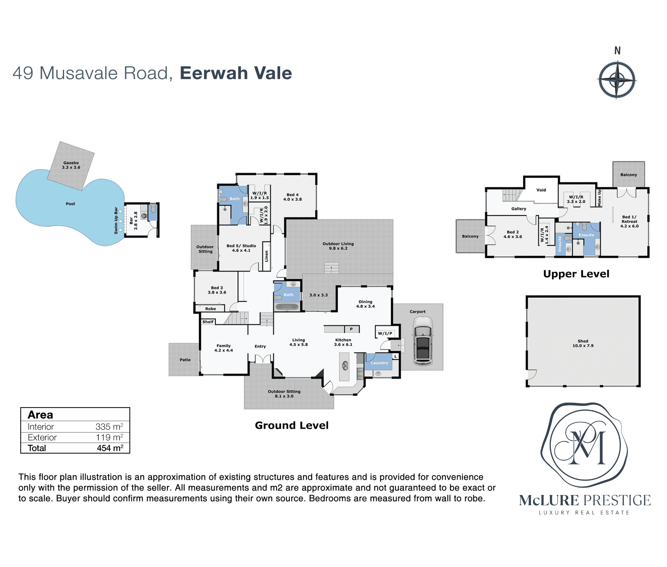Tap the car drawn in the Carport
click(x=423, y=341)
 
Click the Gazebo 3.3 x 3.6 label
click(x=71, y=165)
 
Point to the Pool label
click(x=70, y=204)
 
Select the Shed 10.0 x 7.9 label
click(x=583, y=343)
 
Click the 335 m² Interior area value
click(x=109, y=427)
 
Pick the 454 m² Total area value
click(x=110, y=448)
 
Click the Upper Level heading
click(x=576, y=274)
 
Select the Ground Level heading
click(x=292, y=426)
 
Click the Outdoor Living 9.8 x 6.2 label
click(x=338, y=246)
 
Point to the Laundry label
click(x=380, y=363)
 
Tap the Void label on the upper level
click(x=541, y=190)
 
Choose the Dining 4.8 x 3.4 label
click(x=366, y=304)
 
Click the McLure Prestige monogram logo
click(x=584, y=446)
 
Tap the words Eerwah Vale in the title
click(x=236, y=73)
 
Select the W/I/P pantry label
click(x=385, y=333)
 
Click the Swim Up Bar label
click(x=116, y=220)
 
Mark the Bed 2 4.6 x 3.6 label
click(x=513, y=234)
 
